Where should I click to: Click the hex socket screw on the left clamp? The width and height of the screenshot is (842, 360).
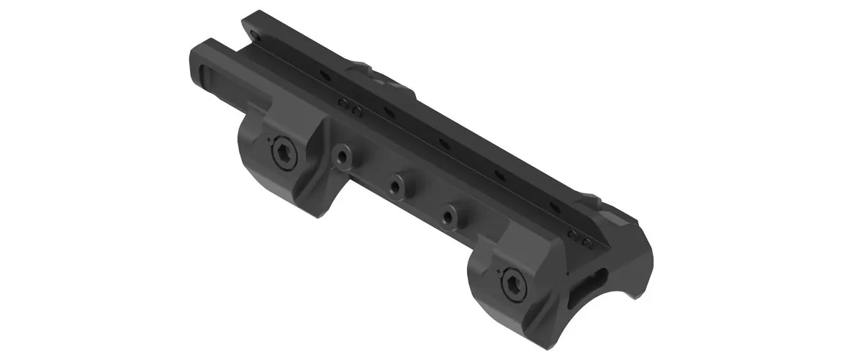point(281,152)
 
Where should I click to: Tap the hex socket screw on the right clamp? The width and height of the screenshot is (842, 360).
point(514,282)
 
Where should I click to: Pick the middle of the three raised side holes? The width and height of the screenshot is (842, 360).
point(394,186)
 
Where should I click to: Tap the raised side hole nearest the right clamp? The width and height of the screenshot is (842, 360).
point(449,215)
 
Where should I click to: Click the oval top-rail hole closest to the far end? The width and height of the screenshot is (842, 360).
point(324,74)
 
